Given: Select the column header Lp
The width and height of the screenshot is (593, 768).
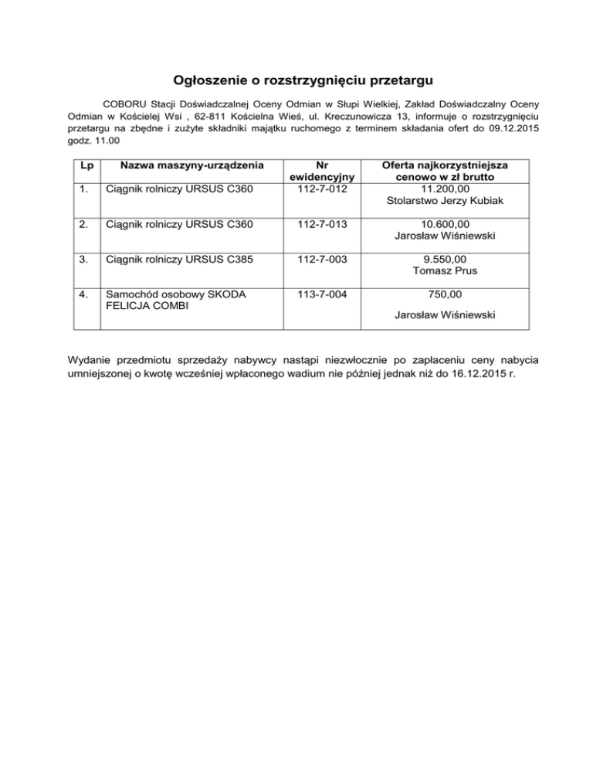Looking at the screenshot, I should (x=83, y=167).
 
